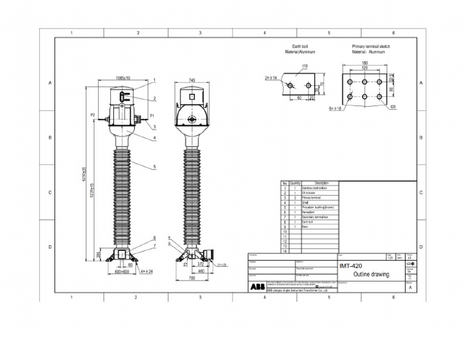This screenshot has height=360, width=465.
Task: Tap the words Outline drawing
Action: coord(371,275)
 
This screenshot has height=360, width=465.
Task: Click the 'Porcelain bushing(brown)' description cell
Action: coord(317,207)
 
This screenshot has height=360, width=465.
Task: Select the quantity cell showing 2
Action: coord(295,198)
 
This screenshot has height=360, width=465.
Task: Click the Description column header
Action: coord(322,183)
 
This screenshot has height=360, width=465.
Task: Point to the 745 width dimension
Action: coord(192,80)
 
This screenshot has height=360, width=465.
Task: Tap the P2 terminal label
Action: coord(93,115)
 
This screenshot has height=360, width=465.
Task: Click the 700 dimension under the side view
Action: coord(191,278)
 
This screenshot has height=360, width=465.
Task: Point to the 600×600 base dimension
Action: coord(122,272)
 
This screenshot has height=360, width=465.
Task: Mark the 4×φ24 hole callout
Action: coord(147,272)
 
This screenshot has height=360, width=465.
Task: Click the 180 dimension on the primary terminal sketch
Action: coord(364,63)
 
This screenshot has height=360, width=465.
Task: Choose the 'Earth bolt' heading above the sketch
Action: coord(300,46)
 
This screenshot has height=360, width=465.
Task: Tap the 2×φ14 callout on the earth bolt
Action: coord(270,78)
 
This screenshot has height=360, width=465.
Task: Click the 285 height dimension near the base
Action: coord(99,255)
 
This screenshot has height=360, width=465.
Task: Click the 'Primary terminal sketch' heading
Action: coord(371,46)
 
